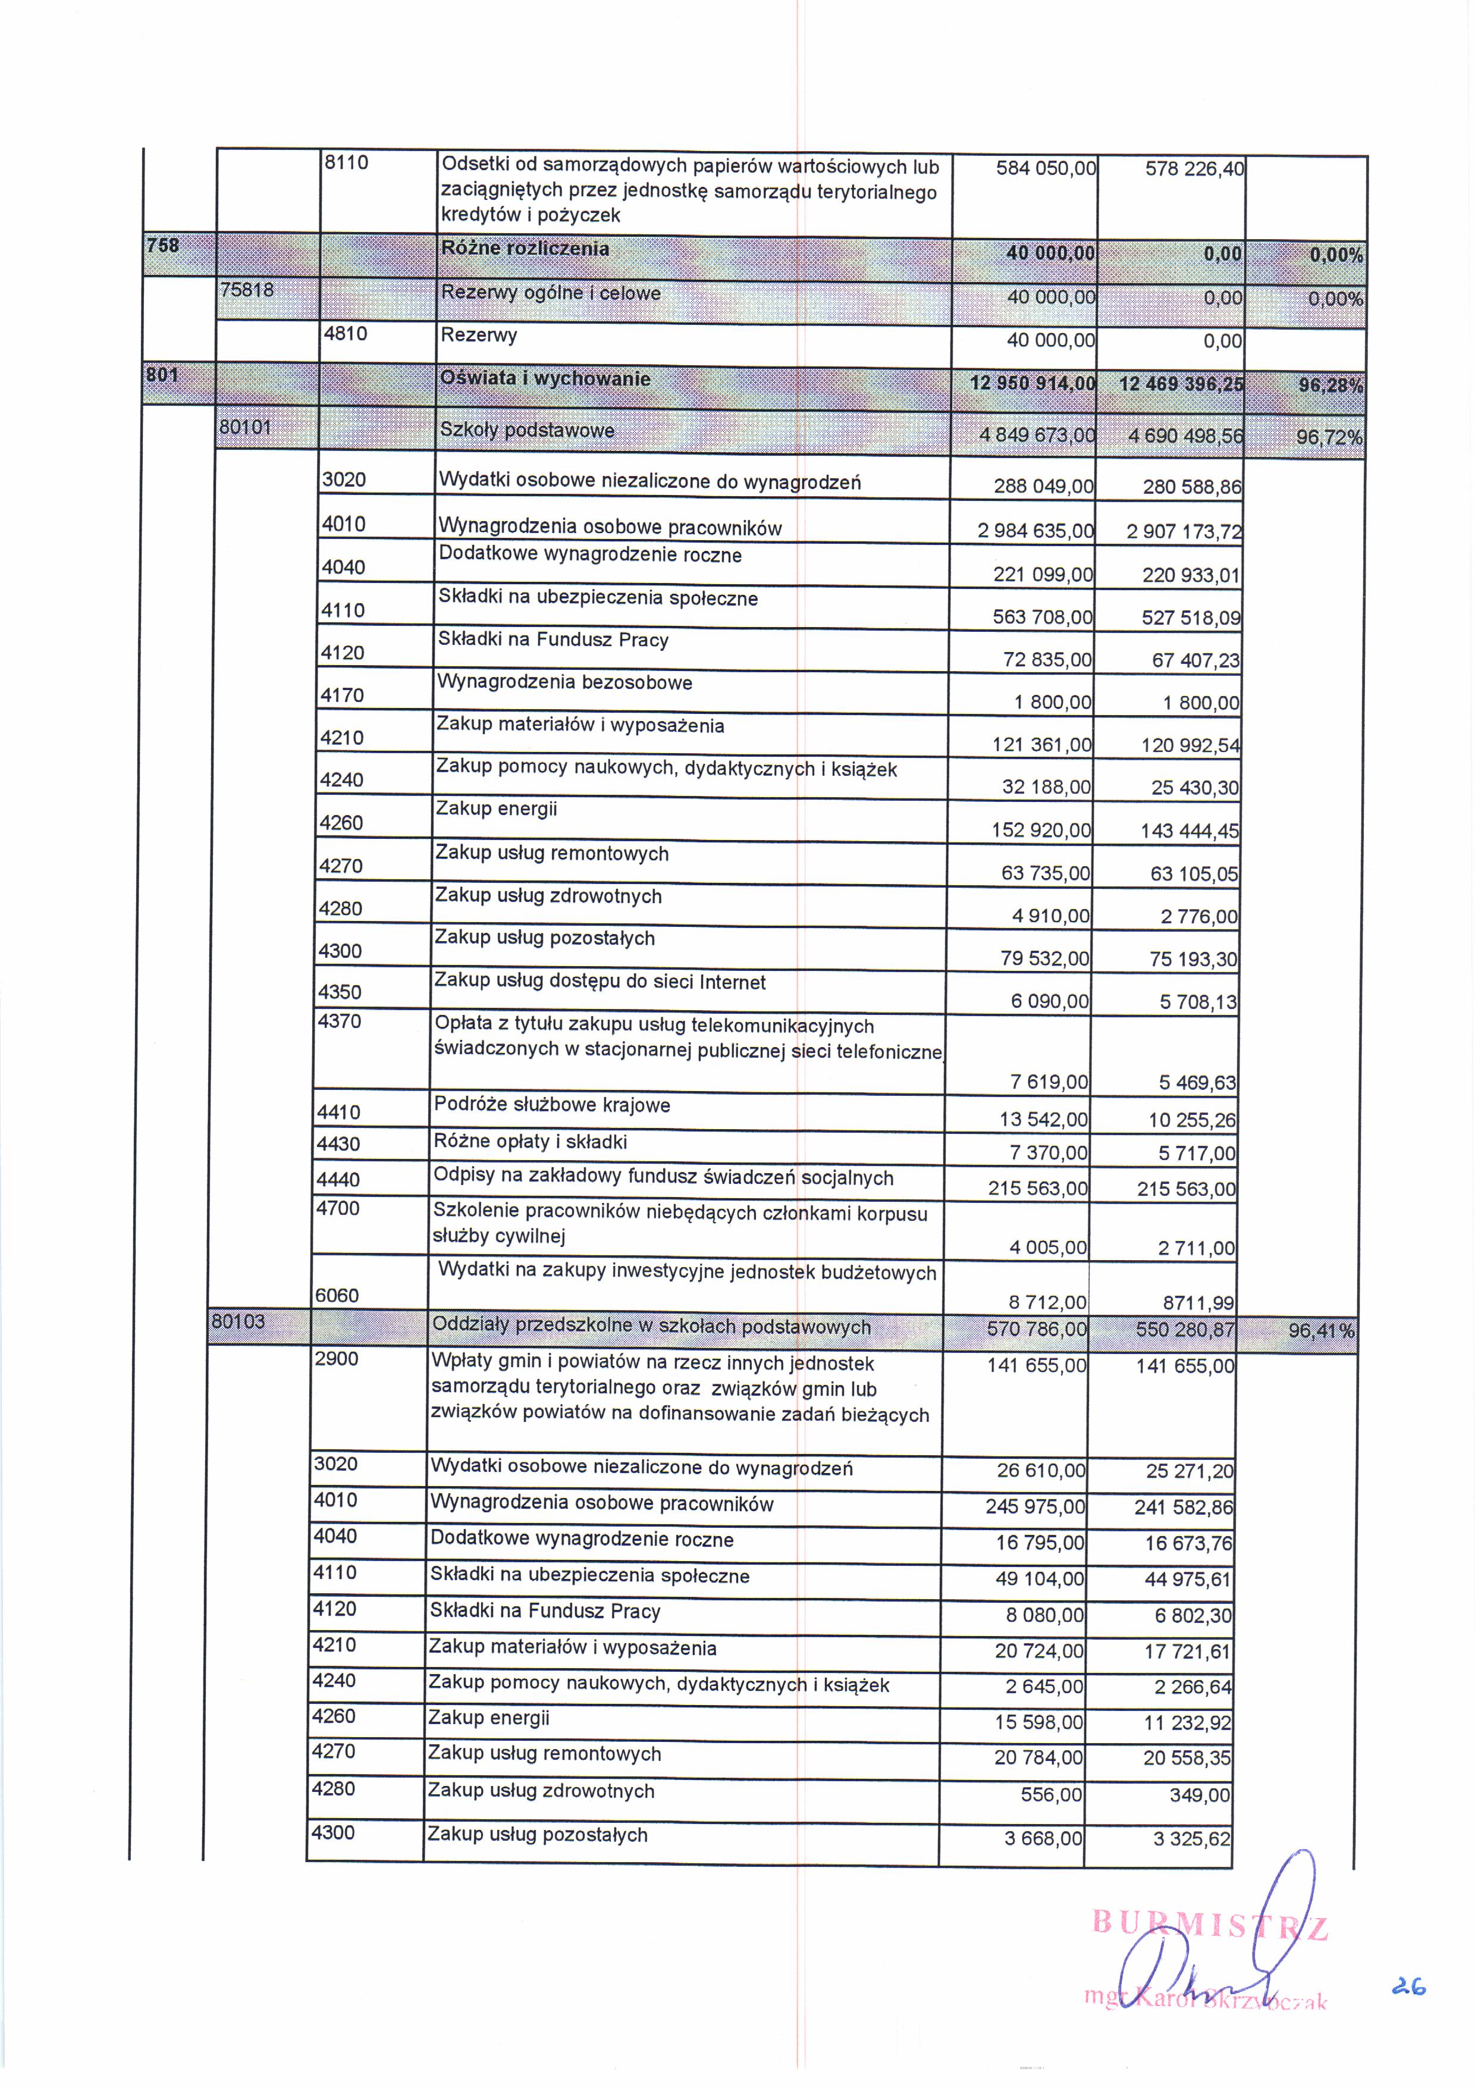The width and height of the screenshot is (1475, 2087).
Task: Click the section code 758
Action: click(164, 246)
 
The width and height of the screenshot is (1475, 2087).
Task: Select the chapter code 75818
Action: click(247, 290)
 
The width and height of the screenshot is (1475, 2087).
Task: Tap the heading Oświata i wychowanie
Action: click(545, 379)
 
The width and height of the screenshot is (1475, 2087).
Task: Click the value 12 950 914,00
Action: click(1033, 383)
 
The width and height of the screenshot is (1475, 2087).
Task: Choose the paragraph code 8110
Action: click(346, 162)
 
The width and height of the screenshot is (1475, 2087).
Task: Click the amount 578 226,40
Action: click(1194, 169)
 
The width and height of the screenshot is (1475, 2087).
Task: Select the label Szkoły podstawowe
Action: click(527, 431)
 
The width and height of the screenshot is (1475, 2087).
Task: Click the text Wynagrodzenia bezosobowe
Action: click(564, 682)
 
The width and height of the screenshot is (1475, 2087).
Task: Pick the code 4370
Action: click(339, 1021)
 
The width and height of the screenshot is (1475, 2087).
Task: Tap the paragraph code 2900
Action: click(336, 1359)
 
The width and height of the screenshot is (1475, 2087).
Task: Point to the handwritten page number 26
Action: click(1408, 1987)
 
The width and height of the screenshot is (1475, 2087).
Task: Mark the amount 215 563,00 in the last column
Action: click(1186, 1189)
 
